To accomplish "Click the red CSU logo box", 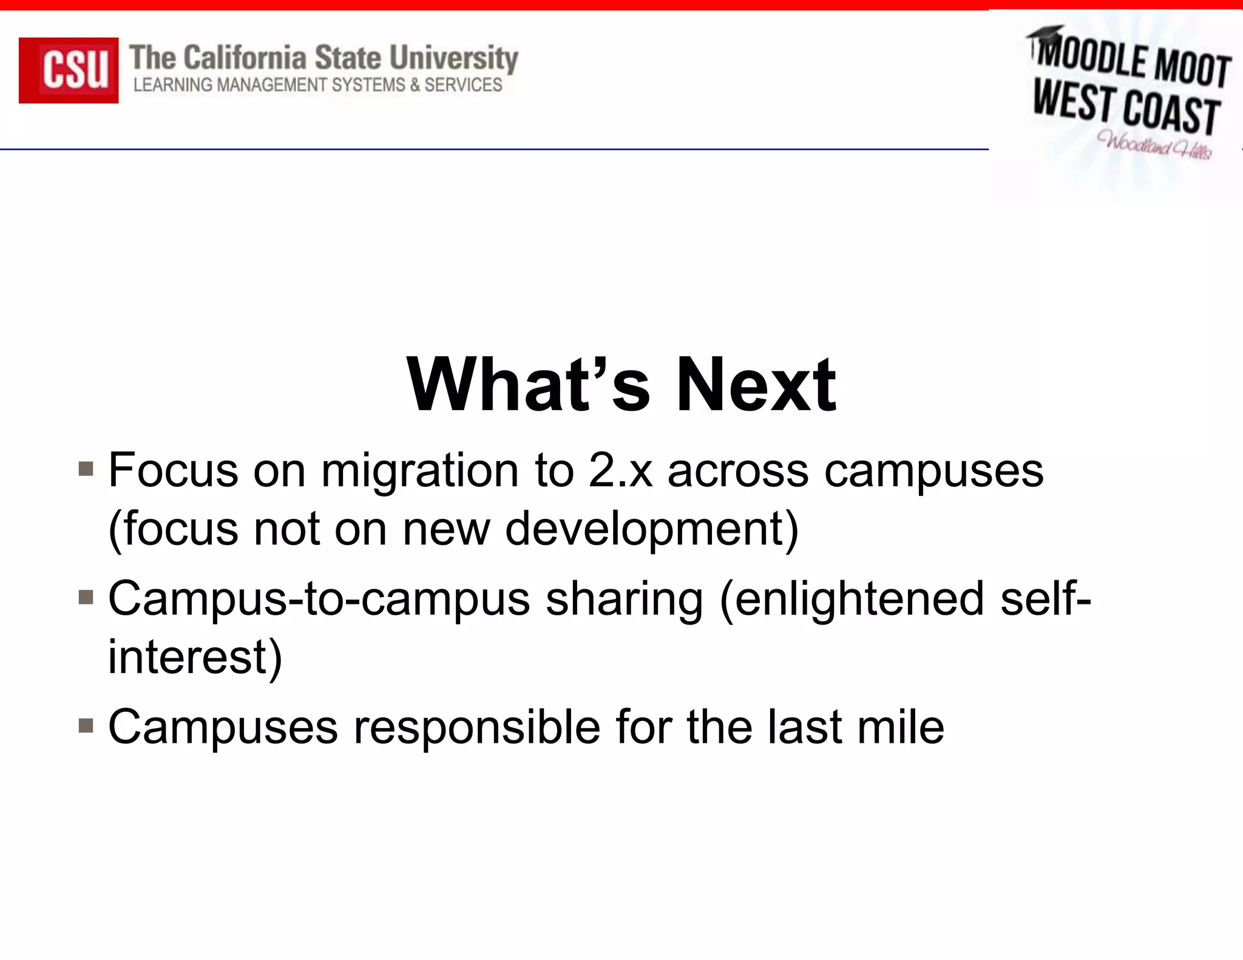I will point(69,70).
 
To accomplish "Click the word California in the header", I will point(245,58).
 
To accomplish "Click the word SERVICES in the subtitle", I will point(463,85).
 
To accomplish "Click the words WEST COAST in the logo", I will point(1126,108).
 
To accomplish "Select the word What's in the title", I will point(528,385).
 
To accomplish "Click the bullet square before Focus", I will point(86,469).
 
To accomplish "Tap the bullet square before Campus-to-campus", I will point(86,598).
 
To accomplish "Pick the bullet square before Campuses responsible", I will point(86,726).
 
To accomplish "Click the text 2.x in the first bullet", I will point(620,471).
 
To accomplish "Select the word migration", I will point(419,472).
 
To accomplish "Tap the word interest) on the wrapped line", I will point(195,657).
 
